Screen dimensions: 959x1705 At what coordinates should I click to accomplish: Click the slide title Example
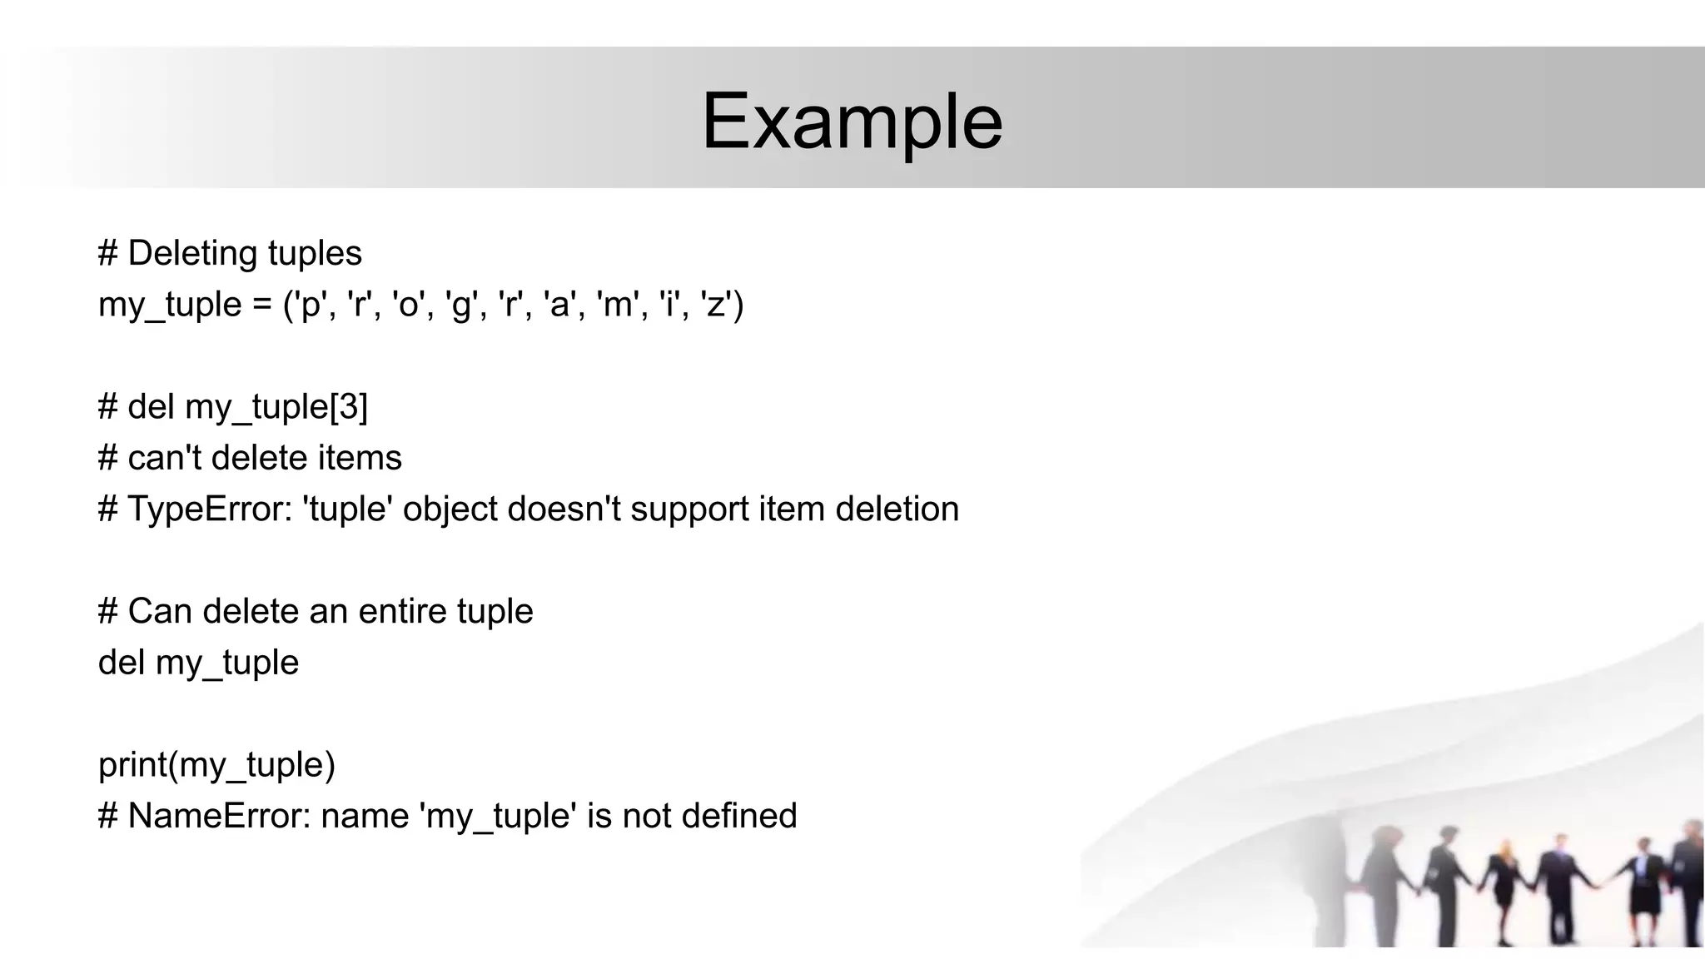click(x=852, y=122)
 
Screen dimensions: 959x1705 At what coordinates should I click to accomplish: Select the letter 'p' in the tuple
click(x=311, y=306)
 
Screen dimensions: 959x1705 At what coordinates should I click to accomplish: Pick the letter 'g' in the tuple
click(x=460, y=306)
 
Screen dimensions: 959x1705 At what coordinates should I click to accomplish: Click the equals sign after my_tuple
click(x=261, y=305)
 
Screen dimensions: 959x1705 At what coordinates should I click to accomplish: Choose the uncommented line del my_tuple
click(x=198, y=663)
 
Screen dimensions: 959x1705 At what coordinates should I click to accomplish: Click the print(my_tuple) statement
click(x=216, y=765)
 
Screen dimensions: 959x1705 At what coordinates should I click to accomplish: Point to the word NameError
click(x=218, y=816)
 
